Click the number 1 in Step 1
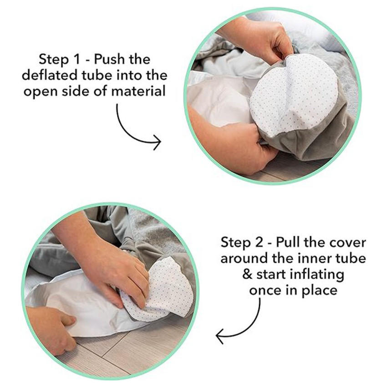(x=76, y=60)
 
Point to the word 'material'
(x=138, y=91)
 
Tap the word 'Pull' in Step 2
(x=288, y=242)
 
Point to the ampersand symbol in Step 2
(x=247, y=274)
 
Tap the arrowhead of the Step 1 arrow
(x=158, y=142)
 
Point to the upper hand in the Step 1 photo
(x=257, y=37)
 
